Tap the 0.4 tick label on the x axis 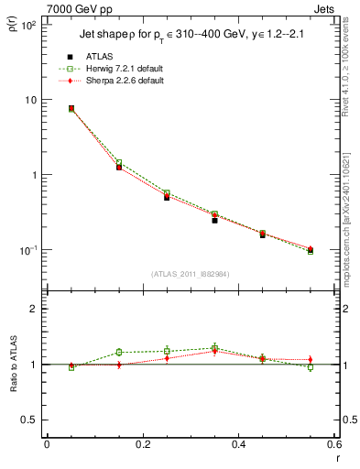point(238,443)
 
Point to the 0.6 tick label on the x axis point(333,443)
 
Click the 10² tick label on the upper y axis point(28,25)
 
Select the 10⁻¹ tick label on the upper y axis point(28,250)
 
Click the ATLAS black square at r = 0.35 point(214,220)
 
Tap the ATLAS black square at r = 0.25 point(167,197)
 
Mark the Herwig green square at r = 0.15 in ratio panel point(119,352)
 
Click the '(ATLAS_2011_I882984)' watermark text point(191,274)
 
